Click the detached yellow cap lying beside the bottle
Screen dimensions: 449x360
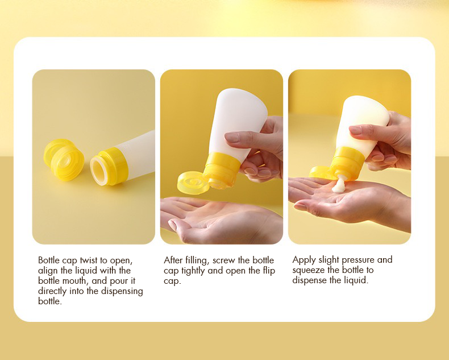(x=64, y=159)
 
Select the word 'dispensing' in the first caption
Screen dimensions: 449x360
(x=122, y=292)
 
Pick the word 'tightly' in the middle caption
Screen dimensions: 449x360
(x=193, y=271)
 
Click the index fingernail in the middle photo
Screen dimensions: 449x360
(x=231, y=137)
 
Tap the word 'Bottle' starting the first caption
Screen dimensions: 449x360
(x=49, y=260)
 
